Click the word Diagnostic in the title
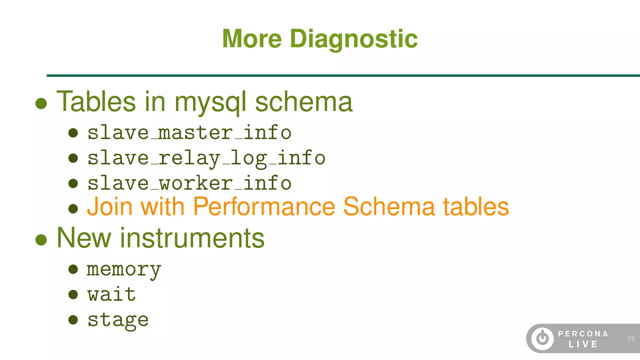coord(354,39)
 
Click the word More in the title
coord(252,39)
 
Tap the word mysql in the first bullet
coord(210,102)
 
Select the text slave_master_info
coord(189,132)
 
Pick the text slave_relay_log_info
coord(206,158)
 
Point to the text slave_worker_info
coord(189,183)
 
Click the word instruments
coord(192,238)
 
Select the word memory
coord(124,270)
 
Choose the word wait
coord(112,294)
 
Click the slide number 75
coord(631,339)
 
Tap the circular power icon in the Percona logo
coord(542,338)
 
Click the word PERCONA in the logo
coord(583,334)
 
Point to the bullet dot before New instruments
coord(41,240)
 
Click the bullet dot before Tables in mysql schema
coord(41,103)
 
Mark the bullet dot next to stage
coord(73,320)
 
